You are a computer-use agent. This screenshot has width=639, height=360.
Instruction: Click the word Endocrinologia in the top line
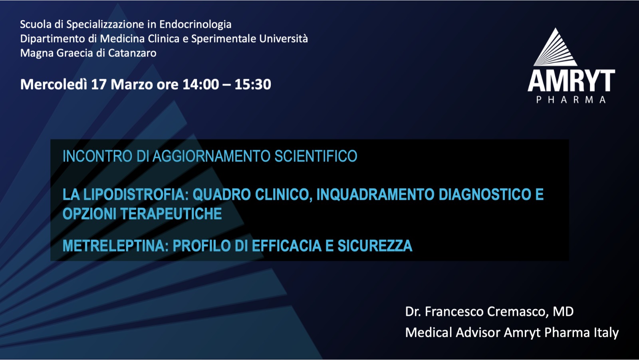pos(195,25)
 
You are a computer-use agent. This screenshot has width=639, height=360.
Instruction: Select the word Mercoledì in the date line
pos(54,84)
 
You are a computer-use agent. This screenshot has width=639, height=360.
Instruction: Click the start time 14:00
pos(201,84)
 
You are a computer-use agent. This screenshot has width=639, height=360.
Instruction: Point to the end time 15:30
pos(253,84)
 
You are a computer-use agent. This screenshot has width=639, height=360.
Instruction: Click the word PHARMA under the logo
pos(571,99)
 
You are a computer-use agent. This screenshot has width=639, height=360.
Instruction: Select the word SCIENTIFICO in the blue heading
pos(316,156)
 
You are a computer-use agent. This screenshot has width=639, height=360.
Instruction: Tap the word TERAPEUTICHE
pos(171,214)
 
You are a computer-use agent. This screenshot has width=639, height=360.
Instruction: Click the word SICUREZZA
pos(375,246)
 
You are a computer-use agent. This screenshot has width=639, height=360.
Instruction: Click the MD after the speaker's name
pos(563,312)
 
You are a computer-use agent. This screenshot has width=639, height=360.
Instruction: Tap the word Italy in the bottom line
pos(606,333)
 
